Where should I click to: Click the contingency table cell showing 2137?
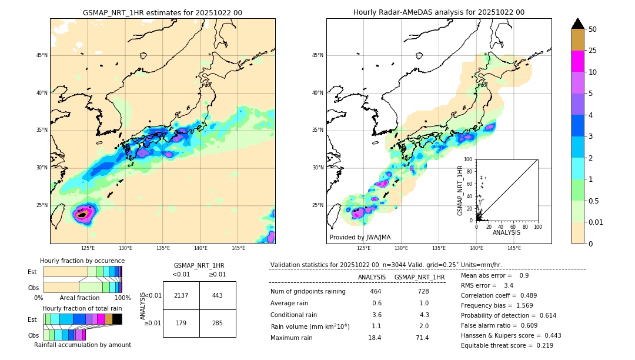181,295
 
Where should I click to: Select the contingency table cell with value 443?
218,295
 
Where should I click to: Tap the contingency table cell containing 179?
181,323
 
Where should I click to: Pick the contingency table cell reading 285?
218,323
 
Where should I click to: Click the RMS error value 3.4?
509,286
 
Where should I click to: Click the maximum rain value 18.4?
375,338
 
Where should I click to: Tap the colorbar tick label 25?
593,51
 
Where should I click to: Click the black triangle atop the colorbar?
578,24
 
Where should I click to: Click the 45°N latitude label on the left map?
41,55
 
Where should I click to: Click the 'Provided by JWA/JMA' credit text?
360,237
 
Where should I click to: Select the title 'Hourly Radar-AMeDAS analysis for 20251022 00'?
439,12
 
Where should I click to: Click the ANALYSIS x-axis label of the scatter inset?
506,232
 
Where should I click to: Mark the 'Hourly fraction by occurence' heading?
82,261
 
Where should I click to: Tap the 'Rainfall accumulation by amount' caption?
82,345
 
